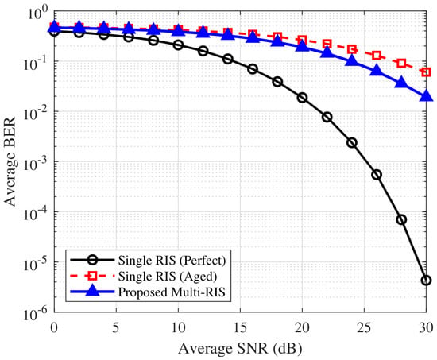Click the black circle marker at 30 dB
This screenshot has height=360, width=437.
(x=426, y=281)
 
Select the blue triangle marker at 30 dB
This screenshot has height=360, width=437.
(x=426, y=95)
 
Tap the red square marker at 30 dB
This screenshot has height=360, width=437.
(x=426, y=72)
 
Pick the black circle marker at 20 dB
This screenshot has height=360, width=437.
(x=302, y=98)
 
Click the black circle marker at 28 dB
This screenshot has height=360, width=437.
(x=401, y=220)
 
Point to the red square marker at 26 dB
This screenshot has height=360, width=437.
(x=377, y=55)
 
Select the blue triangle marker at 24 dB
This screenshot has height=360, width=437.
(x=352, y=60)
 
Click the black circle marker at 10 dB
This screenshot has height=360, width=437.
(x=178, y=45)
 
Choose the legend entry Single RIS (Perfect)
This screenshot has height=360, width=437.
(x=172, y=260)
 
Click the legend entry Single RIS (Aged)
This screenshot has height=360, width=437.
(x=168, y=276)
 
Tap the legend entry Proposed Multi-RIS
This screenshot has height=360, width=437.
(x=172, y=292)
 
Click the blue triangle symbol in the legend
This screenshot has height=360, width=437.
(x=92, y=291)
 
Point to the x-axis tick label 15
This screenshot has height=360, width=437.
(x=240, y=327)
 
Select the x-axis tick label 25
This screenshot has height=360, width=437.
(x=364, y=327)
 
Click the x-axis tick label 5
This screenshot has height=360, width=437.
(x=116, y=327)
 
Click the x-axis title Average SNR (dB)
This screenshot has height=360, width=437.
(x=240, y=348)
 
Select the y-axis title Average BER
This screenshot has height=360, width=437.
(x=10, y=162)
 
